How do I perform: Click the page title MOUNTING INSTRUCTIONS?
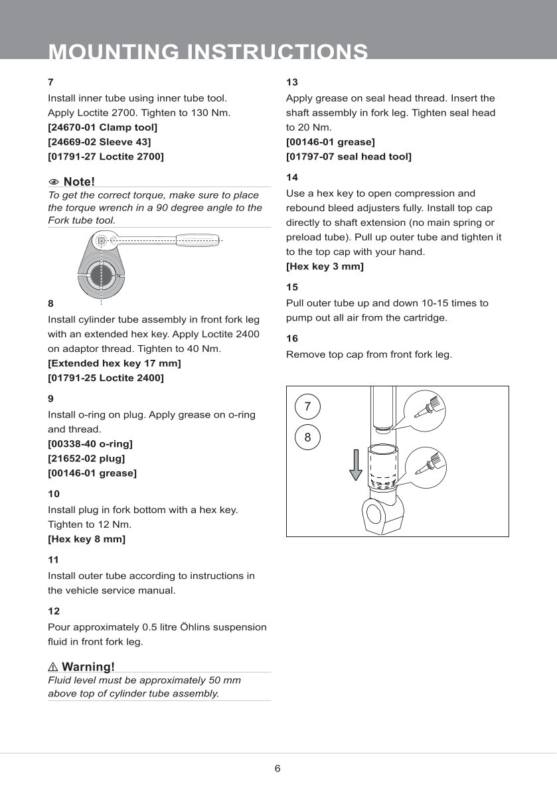(x=208, y=52)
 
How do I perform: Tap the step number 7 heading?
(x=50, y=82)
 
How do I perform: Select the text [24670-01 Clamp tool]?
(x=102, y=127)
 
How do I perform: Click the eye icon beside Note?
(x=54, y=182)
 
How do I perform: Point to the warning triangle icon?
(x=54, y=667)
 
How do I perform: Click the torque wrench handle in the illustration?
(x=197, y=239)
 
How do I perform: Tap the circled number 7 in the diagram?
(x=307, y=406)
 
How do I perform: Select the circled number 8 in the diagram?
(x=307, y=437)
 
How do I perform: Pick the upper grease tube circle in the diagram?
(x=424, y=407)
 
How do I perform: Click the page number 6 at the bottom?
(x=278, y=769)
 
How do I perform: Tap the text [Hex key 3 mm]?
(x=325, y=267)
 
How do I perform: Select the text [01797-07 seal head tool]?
(x=349, y=157)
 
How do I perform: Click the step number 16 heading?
(x=292, y=339)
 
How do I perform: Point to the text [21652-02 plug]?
(x=86, y=458)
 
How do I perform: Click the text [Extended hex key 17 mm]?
(x=114, y=363)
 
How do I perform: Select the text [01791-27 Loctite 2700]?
(x=106, y=157)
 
